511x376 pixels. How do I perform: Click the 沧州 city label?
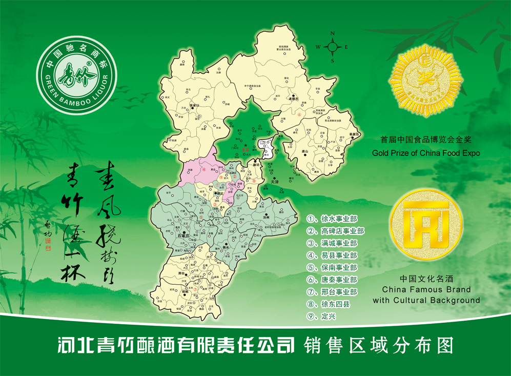(x=265, y=217)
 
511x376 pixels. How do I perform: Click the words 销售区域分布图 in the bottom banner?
(x=379, y=345)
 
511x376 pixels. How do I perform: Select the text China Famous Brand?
(x=426, y=290)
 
